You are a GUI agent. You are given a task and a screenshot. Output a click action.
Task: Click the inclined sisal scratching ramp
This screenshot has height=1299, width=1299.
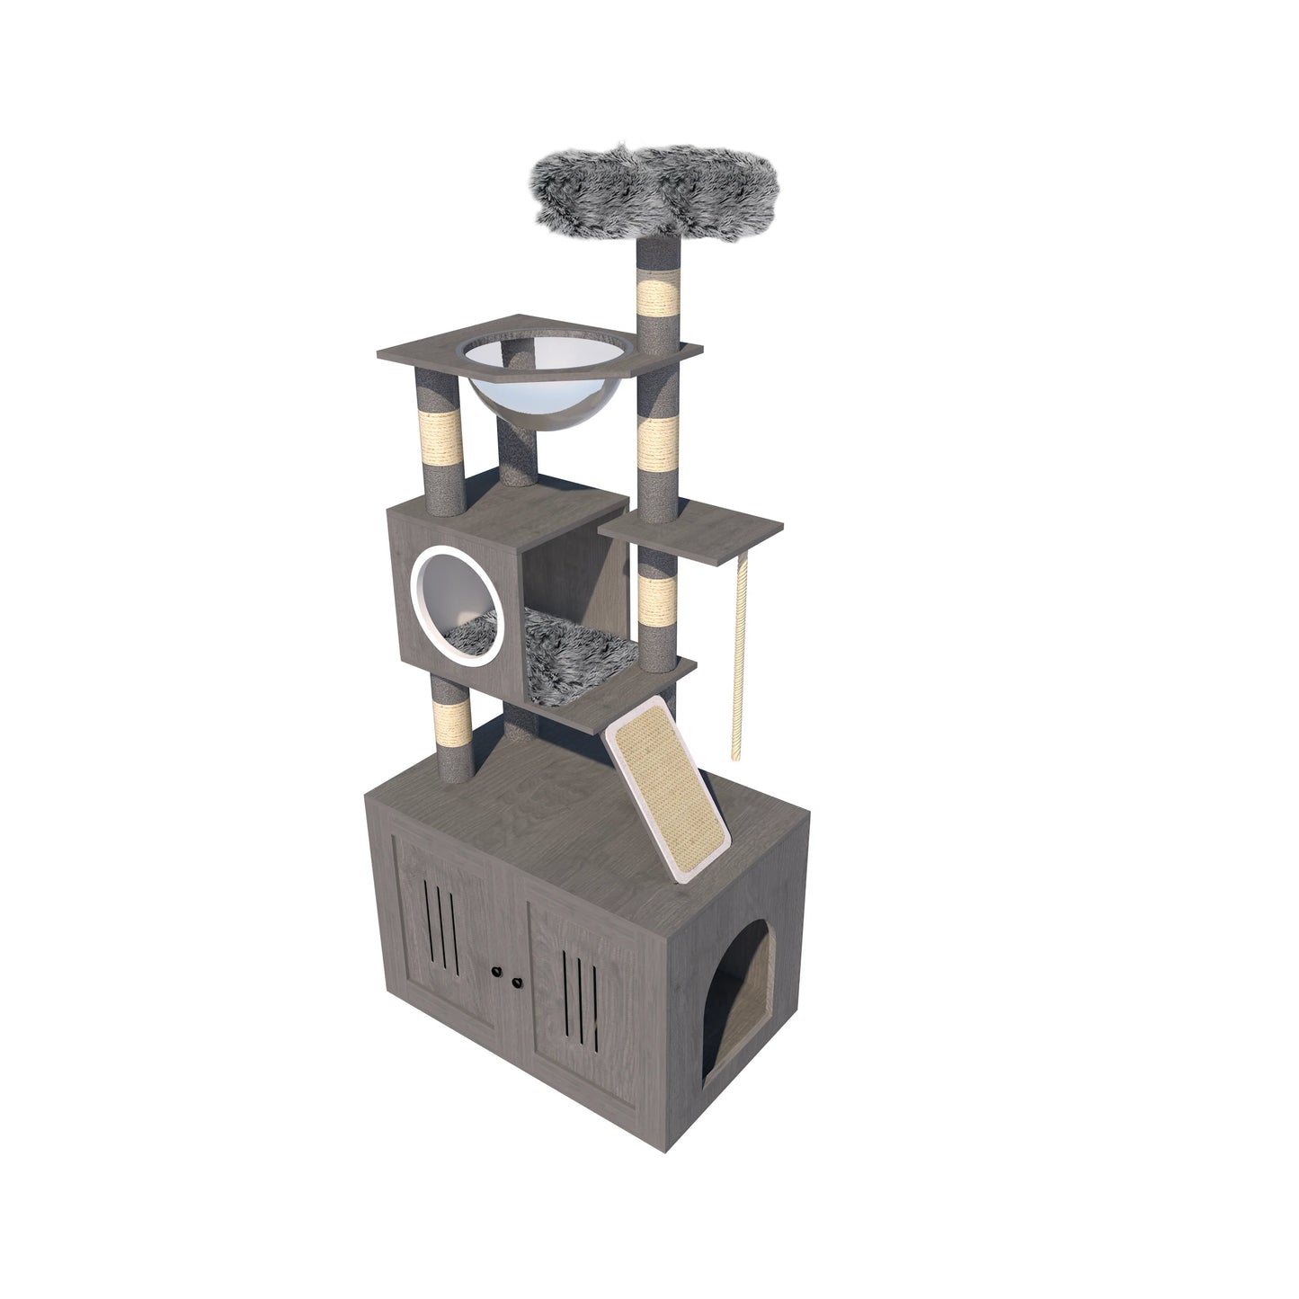(670, 787)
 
